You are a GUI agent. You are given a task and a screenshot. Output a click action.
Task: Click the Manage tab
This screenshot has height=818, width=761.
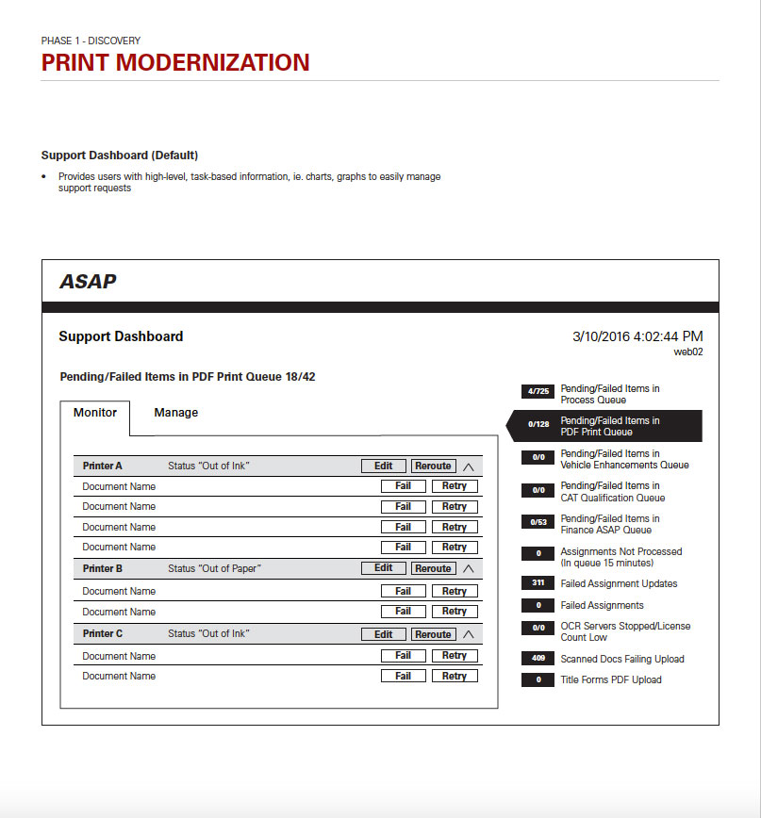coord(175,413)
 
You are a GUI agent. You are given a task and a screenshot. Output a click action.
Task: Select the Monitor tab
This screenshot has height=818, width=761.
coord(95,413)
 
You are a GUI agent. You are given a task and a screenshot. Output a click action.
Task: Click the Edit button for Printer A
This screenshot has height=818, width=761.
coord(383,466)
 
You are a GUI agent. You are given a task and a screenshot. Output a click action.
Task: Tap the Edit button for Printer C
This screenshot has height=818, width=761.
coord(383,634)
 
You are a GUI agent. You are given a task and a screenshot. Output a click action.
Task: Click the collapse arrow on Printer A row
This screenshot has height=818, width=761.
coord(469,466)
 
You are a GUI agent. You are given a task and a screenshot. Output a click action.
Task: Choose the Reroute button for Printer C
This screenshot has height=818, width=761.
coord(433,634)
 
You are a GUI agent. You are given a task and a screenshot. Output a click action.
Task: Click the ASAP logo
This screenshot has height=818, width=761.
coord(88,281)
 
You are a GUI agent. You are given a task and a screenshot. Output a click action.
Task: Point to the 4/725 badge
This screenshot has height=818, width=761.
coord(538,391)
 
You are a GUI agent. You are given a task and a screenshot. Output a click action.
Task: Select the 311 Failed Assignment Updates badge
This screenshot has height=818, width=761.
coord(538,583)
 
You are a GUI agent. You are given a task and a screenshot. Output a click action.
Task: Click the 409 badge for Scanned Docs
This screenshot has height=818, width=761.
coord(538,659)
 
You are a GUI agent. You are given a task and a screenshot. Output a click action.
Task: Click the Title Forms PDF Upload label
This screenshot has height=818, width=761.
coord(611,679)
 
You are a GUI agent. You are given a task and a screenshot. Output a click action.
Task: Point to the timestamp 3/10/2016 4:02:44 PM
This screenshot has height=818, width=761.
coord(637,336)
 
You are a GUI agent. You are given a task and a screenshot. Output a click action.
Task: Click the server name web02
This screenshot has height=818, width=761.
coord(687,352)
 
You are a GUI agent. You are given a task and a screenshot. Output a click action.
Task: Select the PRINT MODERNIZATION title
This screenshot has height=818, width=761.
coord(175,62)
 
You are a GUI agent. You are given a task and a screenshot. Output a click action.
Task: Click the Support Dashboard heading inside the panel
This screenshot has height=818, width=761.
coord(121,336)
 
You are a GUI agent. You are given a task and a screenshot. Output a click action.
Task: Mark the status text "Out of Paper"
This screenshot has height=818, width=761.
coord(214,568)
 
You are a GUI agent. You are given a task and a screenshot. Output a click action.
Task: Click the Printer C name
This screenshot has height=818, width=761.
coord(103,634)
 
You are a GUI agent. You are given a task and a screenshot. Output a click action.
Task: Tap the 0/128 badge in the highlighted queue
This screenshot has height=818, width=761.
coord(538,425)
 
